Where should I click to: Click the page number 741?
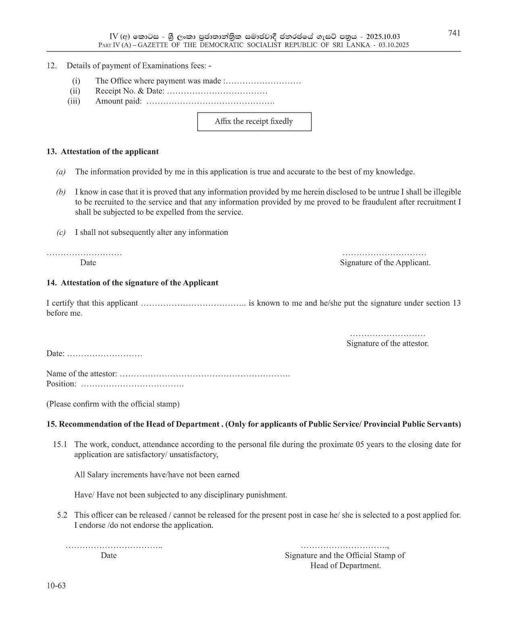point(454,33)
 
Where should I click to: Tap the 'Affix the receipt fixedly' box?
point(254,121)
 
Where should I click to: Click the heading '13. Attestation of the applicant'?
point(102,151)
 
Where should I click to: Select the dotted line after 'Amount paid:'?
point(210,102)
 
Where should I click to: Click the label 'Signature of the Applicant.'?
point(385,263)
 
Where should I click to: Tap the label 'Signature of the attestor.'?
point(387,344)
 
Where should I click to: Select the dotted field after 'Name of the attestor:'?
point(205,374)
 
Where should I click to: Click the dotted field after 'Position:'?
point(132,384)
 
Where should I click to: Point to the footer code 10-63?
point(56,585)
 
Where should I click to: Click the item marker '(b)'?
point(61,192)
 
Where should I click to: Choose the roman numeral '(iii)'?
point(74,101)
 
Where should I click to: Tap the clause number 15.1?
point(60,444)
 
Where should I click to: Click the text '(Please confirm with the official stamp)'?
point(113,404)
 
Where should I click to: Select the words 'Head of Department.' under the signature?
point(345,565)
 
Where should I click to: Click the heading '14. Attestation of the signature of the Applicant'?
point(132,283)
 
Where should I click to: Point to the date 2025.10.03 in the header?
point(383,37)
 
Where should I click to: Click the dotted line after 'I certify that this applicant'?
point(193,303)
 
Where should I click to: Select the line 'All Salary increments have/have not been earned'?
point(157,475)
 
